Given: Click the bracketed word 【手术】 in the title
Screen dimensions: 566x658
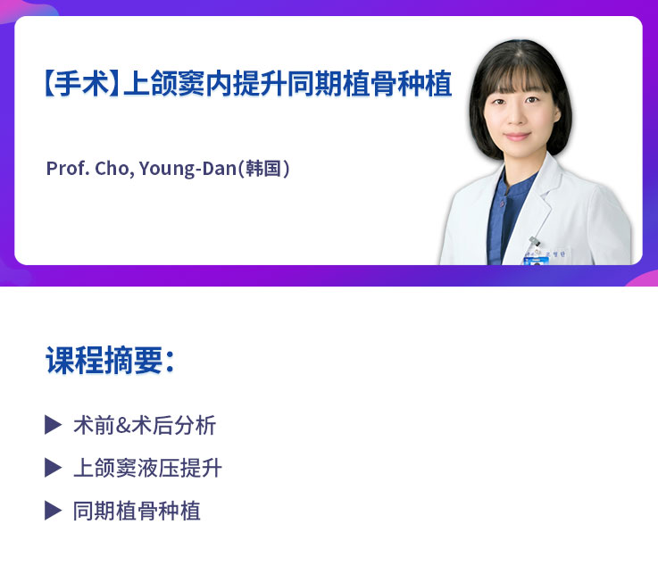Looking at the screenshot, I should (x=79, y=85).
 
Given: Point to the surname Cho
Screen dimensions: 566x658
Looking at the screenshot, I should (x=113, y=168).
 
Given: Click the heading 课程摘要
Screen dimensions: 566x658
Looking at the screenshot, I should (x=104, y=361).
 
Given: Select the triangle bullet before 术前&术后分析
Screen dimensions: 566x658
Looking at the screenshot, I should (x=53, y=425).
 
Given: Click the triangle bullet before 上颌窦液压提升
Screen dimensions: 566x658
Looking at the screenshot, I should (x=53, y=468).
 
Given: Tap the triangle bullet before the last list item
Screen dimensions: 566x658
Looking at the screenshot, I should (x=53, y=511).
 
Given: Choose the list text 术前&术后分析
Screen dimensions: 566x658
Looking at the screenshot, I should (x=145, y=425).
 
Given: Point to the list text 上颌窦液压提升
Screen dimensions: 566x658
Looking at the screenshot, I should (x=147, y=468).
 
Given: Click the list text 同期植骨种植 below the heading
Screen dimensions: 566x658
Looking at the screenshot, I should (x=137, y=511).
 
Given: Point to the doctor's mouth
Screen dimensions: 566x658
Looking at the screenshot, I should (x=519, y=139).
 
